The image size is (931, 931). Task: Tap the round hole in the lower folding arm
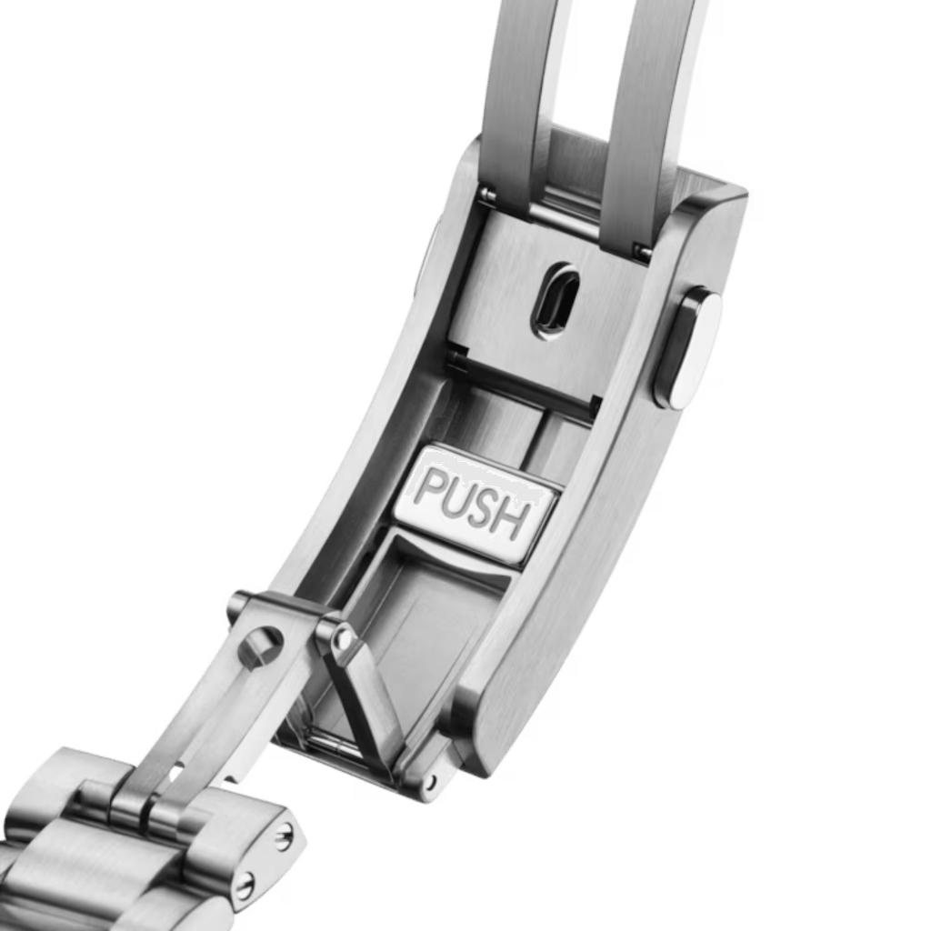[x=259, y=645]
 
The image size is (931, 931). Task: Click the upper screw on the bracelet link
[x=285, y=839]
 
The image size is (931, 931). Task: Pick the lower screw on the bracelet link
[x=245, y=886]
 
